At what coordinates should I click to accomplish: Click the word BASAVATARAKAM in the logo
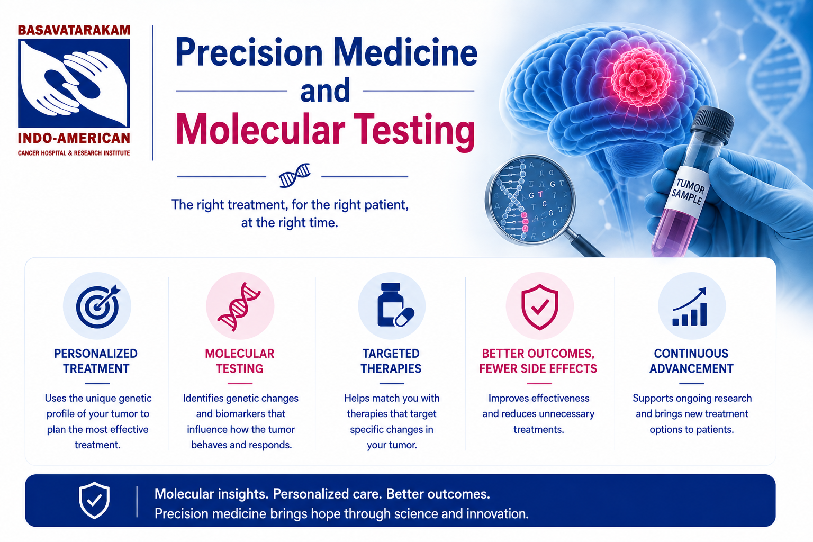click(x=74, y=30)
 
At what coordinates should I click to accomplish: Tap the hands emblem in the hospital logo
click(x=74, y=83)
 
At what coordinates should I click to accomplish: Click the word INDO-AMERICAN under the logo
click(x=74, y=138)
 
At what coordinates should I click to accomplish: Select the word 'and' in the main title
click(x=325, y=90)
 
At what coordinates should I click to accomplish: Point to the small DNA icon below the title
click(x=294, y=175)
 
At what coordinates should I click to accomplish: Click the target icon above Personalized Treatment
click(x=98, y=306)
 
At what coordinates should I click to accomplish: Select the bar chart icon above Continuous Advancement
click(x=690, y=307)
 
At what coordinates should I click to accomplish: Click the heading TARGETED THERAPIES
click(x=391, y=361)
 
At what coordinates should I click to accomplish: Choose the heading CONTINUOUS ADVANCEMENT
click(x=691, y=361)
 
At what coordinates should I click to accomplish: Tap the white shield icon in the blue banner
click(x=94, y=500)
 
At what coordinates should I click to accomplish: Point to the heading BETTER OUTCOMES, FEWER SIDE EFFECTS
click(x=538, y=361)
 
